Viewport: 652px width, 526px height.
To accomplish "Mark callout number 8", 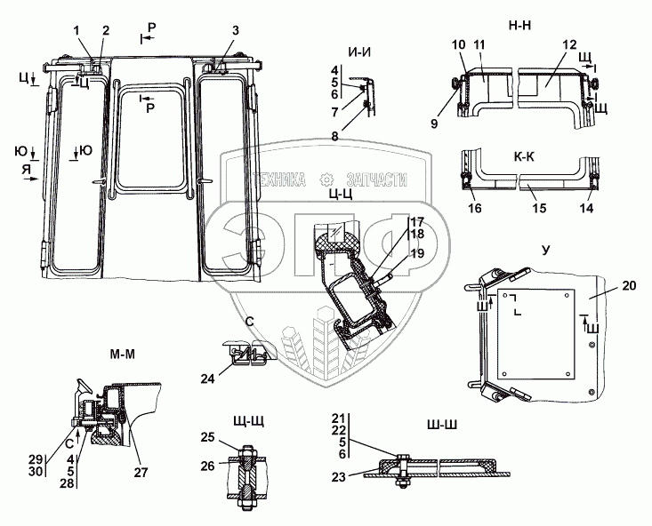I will [x=334, y=135].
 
